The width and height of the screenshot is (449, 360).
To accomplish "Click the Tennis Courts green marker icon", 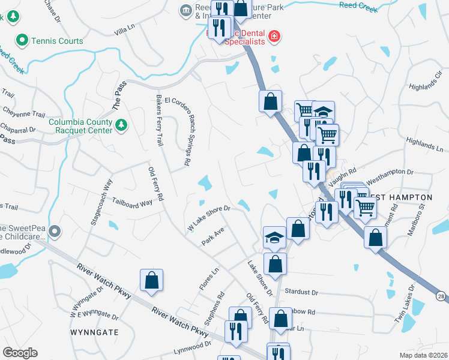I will (22, 41).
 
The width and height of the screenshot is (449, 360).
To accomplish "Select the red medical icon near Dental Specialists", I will (274, 37).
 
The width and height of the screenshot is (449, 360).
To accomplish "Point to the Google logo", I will (20, 353).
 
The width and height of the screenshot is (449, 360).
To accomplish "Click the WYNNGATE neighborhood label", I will (94, 331).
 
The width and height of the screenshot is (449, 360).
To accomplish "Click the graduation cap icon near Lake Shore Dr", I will (274, 237).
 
